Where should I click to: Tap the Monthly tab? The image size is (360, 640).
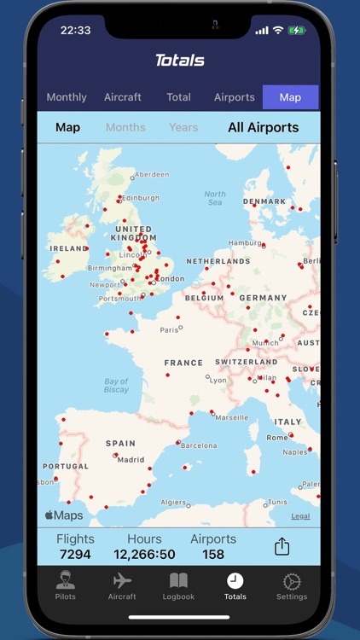pos(67,97)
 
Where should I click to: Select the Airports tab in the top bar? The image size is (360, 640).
pos(235,97)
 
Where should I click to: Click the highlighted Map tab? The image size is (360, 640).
pos(290,97)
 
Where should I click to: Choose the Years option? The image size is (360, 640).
pos(183,128)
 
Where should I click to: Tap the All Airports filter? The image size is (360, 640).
pos(263,128)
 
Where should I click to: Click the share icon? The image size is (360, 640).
pos(282,546)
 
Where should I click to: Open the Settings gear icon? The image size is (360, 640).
pos(292,585)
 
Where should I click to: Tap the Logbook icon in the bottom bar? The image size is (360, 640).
pos(179,585)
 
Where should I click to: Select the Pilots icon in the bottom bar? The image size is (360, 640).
pos(65,585)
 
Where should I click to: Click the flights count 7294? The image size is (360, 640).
pos(75,555)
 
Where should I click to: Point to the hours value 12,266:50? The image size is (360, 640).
pos(144,555)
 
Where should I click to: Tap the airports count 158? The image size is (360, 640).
pos(213,555)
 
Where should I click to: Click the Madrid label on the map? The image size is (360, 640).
pos(131,459)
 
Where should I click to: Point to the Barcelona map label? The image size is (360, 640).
pos(199,445)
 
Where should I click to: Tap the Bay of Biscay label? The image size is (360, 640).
pos(116,386)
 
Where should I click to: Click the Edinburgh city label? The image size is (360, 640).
pos(140,198)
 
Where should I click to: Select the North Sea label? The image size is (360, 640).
pos(215,198)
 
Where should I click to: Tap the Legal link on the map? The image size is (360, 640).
pos(300,516)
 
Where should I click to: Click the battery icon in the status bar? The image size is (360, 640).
pos(296,31)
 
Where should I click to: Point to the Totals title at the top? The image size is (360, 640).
pos(180,61)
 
